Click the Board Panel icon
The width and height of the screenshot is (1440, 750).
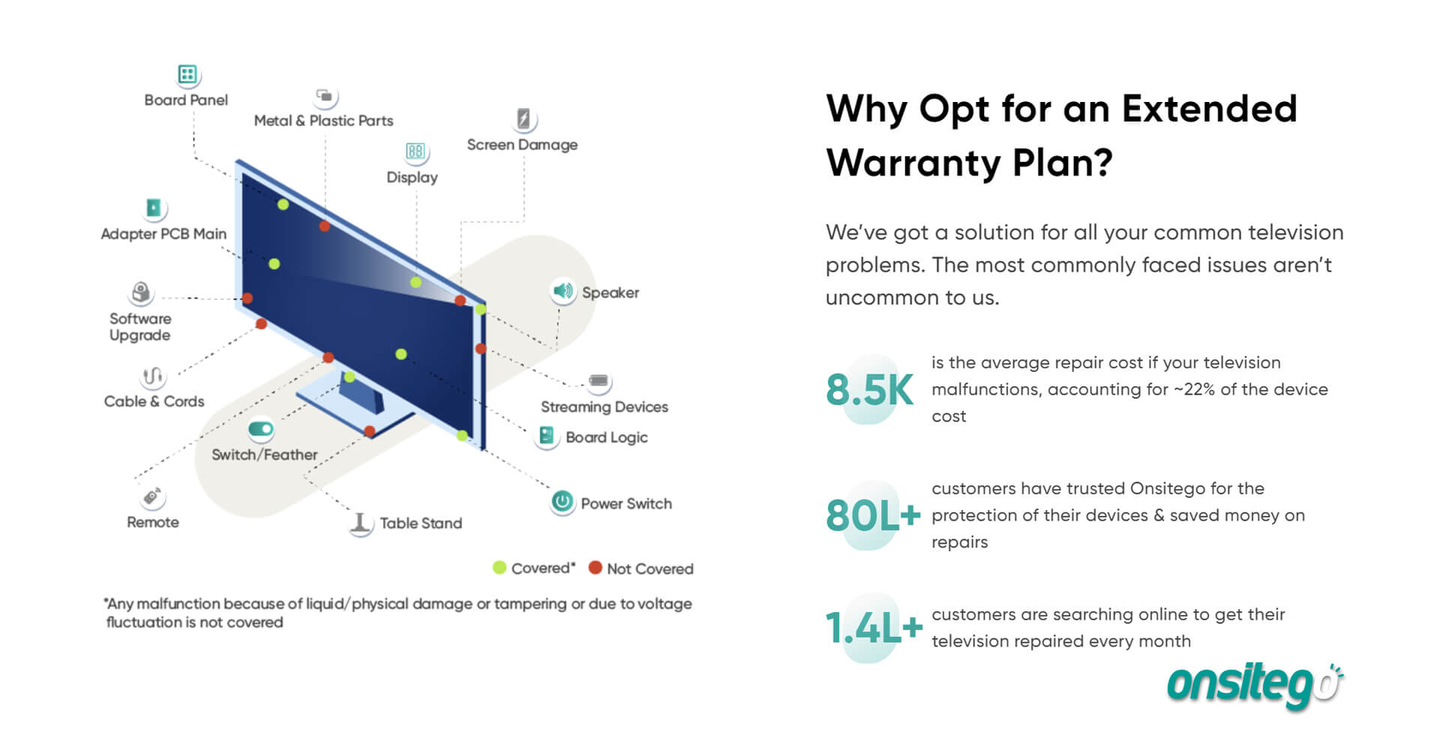pyautogui.click(x=187, y=74)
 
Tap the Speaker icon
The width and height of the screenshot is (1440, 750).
pyautogui.click(x=562, y=291)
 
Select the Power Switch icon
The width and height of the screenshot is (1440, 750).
pyautogui.click(x=562, y=502)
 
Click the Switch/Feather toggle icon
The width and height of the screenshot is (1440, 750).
pyautogui.click(x=261, y=429)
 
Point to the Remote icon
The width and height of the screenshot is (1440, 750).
pyautogui.click(x=152, y=496)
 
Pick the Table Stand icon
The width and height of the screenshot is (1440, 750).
pyautogui.click(x=361, y=523)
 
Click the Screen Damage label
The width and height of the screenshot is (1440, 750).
pyautogui.click(x=522, y=145)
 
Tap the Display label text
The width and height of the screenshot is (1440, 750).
pyautogui.click(x=412, y=178)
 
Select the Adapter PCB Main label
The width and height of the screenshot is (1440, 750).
pyautogui.click(x=163, y=234)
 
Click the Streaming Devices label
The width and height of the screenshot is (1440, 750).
pyautogui.click(x=604, y=407)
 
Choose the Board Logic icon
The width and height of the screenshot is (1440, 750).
pyautogui.click(x=547, y=436)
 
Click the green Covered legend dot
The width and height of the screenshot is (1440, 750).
pyautogui.click(x=499, y=568)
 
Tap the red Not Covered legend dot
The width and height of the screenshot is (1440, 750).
pyautogui.click(x=595, y=568)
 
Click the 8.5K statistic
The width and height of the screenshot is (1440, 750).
pyautogui.click(x=869, y=390)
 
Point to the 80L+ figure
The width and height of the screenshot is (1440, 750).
pyautogui.click(x=873, y=516)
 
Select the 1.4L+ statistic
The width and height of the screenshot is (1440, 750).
pyautogui.click(x=874, y=628)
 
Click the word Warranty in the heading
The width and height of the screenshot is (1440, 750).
pyautogui.click(x=912, y=163)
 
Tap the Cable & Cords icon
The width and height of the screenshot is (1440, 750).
pyautogui.click(x=152, y=376)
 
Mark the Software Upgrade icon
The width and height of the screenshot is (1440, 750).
pyautogui.click(x=141, y=292)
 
